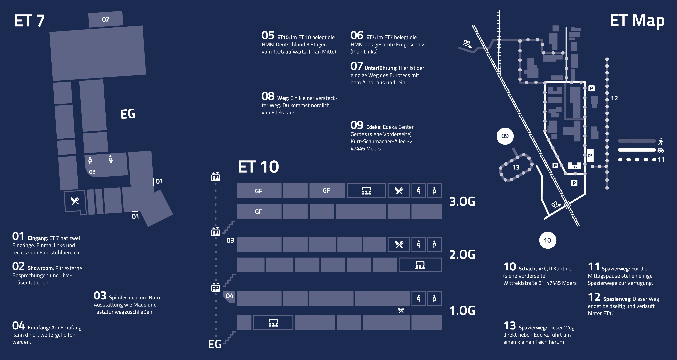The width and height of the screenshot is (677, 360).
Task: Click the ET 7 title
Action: point(29,21)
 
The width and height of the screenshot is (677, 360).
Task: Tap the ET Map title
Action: point(637,21)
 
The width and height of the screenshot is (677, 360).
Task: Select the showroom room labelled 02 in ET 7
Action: point(106,19)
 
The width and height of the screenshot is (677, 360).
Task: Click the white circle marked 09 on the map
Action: point(505,136)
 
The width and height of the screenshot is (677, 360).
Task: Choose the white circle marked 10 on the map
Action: point(547,240)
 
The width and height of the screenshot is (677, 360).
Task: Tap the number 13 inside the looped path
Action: point(516,167)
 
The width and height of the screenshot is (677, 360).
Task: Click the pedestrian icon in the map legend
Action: point(660,141)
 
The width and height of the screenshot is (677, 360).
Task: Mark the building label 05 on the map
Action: point(590,156)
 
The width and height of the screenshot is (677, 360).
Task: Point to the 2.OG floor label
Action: point(462,255)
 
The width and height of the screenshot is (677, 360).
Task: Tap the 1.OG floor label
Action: point(462,311)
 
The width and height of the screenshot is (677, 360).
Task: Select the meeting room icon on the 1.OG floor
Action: point(273,323)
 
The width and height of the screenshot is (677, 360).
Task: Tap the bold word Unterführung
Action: point(381,68)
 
